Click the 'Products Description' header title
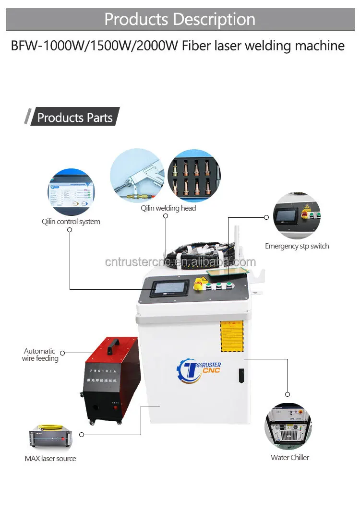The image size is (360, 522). tap(180, 19)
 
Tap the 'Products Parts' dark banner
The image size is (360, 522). tap(74, 118)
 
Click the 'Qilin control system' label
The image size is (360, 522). tap(71, 222)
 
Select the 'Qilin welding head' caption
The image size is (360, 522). tap(168, 208)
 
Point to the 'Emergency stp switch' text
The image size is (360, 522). tap(297, 246)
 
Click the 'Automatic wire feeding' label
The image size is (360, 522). tap(40, 355)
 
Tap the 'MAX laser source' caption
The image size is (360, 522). tap(50, 459)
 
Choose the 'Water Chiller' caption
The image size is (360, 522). tap(290, 458)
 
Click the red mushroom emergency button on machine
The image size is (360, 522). tap(197, 286)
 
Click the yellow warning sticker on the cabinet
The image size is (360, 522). tap(232, 336)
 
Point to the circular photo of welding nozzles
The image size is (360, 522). tap(194, 175)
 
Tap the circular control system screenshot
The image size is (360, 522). tap(71, 192)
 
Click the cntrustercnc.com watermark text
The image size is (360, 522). tap(180, 262)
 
